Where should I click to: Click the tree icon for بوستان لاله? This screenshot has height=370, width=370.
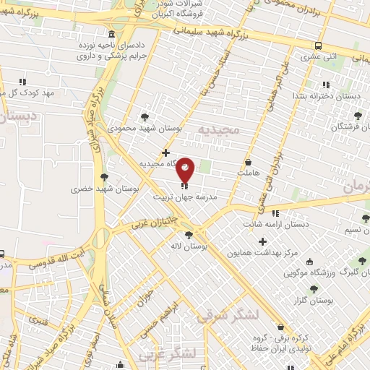tap(189, 234)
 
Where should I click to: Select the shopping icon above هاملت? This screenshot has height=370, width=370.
tap(249, 163)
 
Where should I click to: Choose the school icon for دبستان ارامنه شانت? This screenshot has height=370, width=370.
tap(275, 213)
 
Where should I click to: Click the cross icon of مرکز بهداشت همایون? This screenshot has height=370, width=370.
tap(262, 241)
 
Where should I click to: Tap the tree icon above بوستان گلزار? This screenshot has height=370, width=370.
tap(315, 288)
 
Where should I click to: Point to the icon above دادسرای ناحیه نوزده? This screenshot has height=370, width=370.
tap(110, 34)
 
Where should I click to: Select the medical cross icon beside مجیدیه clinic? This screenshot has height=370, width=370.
tap(166, 152)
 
